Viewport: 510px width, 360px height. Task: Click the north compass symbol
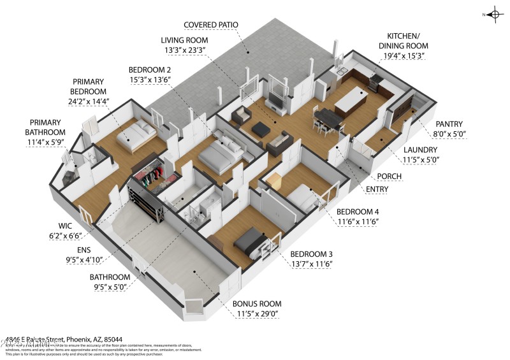(x=493, y=14)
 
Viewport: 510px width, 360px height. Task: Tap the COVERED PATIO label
(x=210, y=25)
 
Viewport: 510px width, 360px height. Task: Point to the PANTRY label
(x=449, y=124)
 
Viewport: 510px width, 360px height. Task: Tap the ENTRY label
(x=377, y=189)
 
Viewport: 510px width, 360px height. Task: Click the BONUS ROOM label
(x=256, y=304)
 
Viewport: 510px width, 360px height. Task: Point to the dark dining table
(x=326, y=117)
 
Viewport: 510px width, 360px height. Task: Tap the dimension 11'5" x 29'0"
(x=256, y=313)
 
